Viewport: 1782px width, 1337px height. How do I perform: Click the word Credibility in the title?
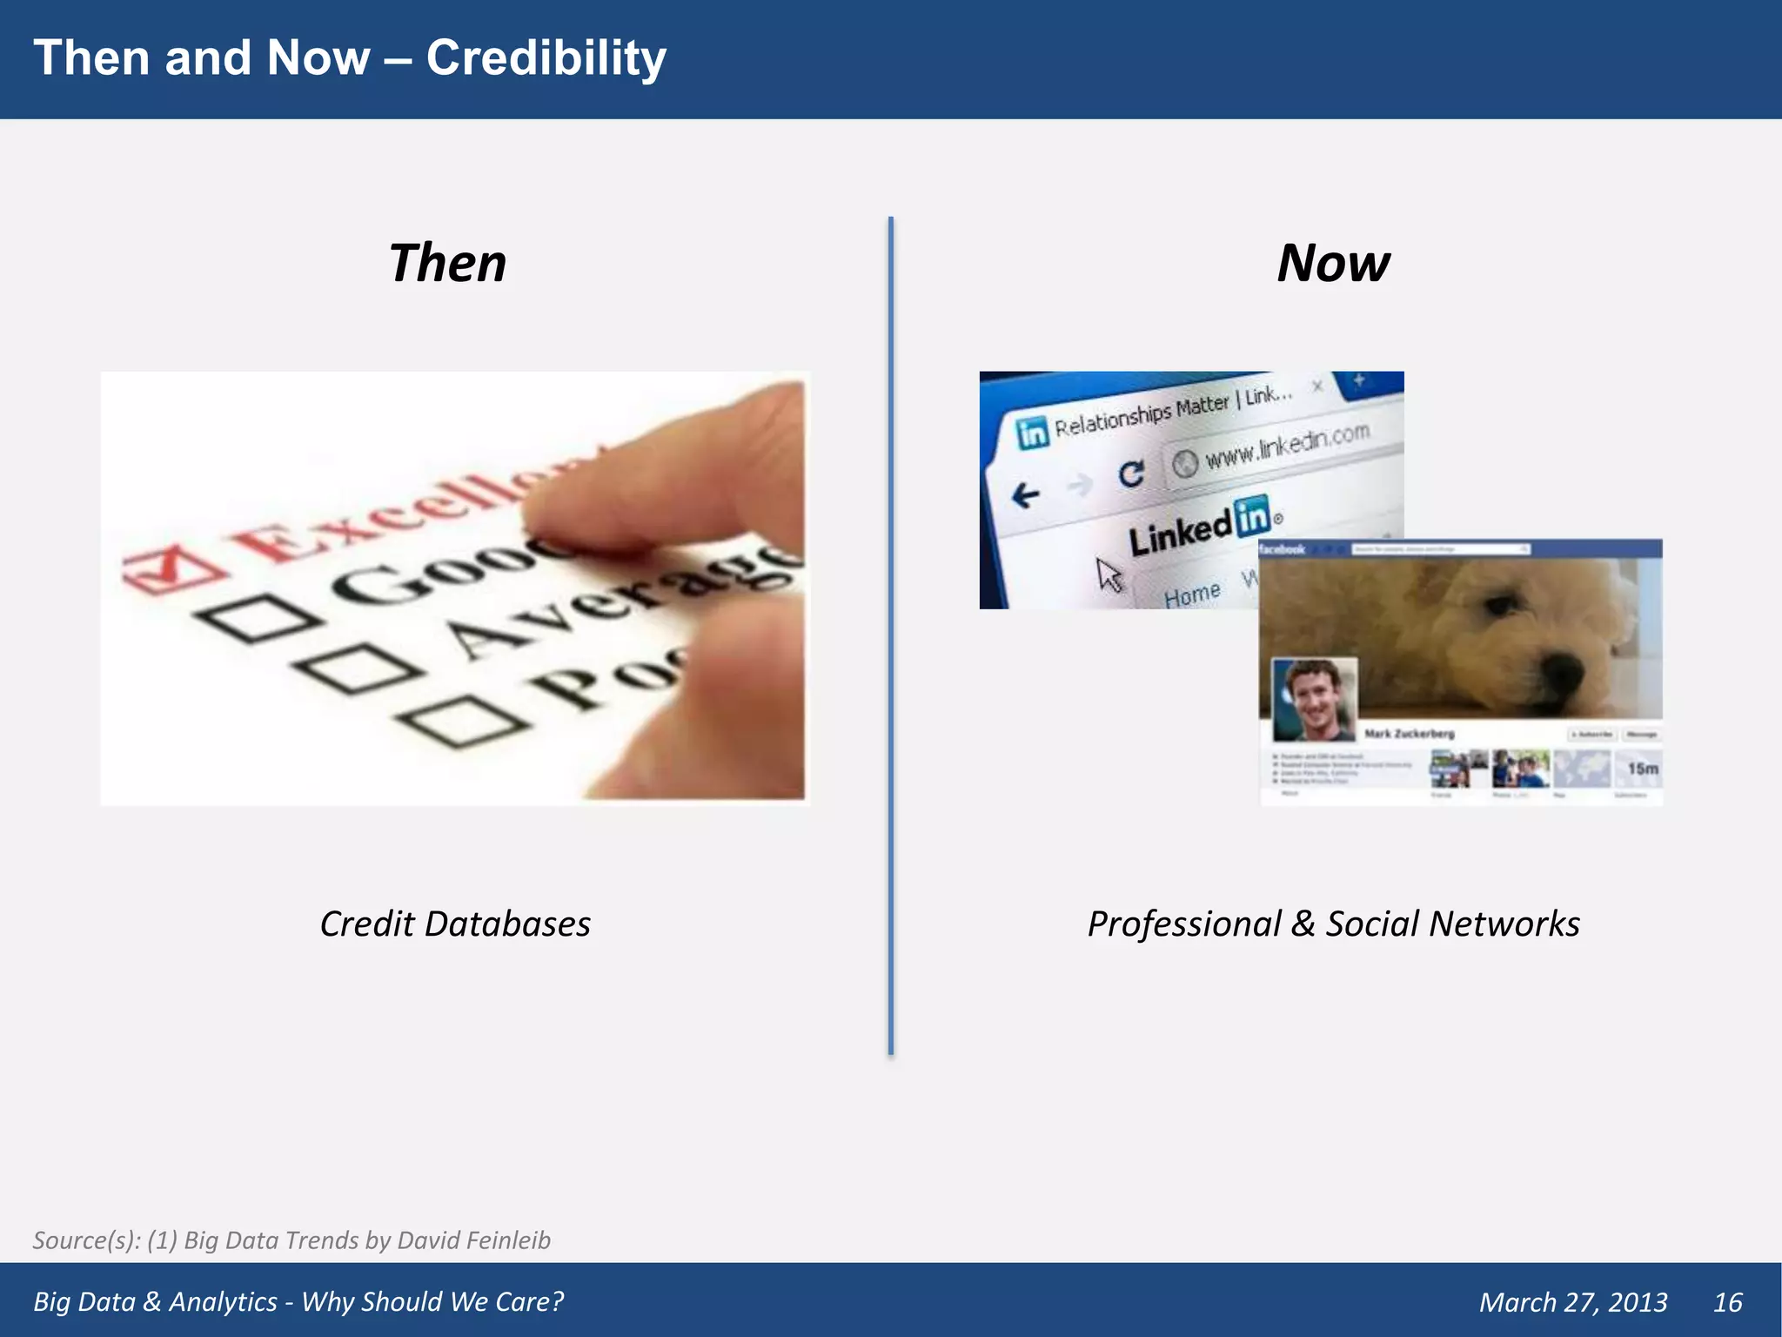(x=546, y=58)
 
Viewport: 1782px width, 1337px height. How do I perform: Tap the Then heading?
(x=447, y=263)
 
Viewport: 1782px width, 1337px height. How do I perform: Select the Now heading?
(x=1333, y=263)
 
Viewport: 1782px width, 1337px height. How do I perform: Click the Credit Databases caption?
(x=455, y=924)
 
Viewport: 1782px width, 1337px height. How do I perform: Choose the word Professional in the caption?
(x=1184, y=924)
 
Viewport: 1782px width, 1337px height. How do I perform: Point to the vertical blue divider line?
(x=891, y=635)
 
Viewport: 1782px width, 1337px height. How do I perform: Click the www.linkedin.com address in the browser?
(x=1287, y=444)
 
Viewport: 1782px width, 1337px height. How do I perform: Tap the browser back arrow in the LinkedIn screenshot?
(x=1026, y=496)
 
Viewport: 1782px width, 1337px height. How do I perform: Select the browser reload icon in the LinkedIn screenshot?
(x=1130, y=474)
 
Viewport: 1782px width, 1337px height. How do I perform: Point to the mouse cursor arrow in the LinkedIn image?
(x=1109, y=574)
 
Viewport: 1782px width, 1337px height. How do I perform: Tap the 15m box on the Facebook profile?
(x=1642, y=769)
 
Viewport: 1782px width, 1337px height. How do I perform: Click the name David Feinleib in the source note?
(x=473, y=1240)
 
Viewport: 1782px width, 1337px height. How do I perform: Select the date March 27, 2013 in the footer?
(x=1573, y=1302)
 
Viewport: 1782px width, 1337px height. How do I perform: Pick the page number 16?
(x=1727, y=1302)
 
